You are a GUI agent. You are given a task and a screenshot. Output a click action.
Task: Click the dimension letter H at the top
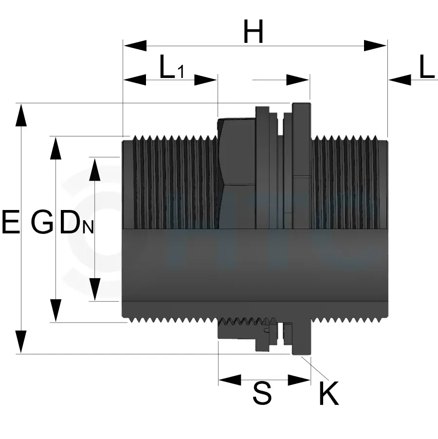tap(254, 34)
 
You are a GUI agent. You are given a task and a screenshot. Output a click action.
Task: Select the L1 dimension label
tap(172, 69)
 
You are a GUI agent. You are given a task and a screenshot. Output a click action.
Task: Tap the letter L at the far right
tap(426, 69)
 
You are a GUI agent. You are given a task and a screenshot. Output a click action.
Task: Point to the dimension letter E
tap(11, 222)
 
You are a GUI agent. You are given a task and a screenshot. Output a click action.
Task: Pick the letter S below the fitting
tap(262, 394)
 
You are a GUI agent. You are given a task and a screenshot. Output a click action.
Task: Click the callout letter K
tap(328, 394)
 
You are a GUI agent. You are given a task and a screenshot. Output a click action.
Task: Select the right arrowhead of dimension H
tap(376, 46)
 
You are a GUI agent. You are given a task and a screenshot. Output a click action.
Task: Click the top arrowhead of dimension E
tap(21, 115)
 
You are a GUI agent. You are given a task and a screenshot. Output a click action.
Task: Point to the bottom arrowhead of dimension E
tap(21, 342)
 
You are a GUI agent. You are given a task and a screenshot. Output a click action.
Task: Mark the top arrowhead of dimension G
tap(56, 148)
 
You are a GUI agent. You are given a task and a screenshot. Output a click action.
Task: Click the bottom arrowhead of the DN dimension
tap(94, 289)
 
